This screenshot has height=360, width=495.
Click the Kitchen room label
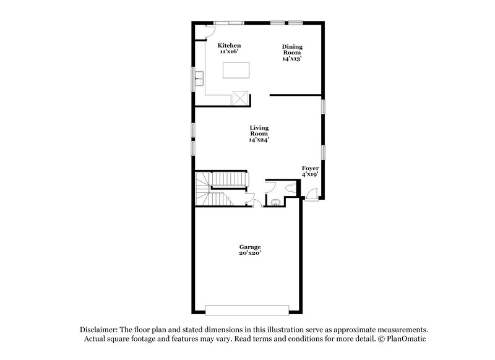pyautogui.click(x=229, y=46)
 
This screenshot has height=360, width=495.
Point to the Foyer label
pyautogui.click(x=310, y=168)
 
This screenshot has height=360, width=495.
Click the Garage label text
pyautogui.click(x=251, y=247)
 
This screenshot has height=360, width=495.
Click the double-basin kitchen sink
pyautogui.click(x=199, y=78)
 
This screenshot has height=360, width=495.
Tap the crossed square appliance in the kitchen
pyautogui.click(x=239, y=96)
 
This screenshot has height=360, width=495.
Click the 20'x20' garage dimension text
pyautogui.click(x=251, y=253)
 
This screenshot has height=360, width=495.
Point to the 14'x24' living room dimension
pyautogui.click(x=259, y=140)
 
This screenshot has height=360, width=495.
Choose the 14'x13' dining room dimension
pyautogui.click(x=292, y=59)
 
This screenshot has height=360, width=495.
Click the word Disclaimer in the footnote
pyautogui.click(x=99, y=330)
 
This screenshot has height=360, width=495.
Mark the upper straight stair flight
pyautogui.click(x=229, y=179)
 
